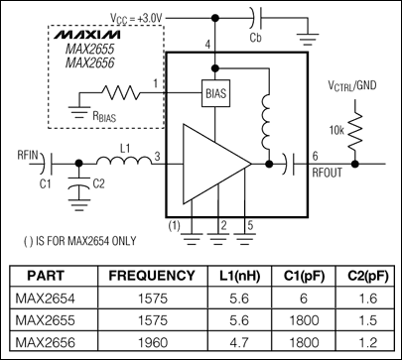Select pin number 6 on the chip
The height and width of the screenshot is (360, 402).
pyautogui.click(x=315, y=155)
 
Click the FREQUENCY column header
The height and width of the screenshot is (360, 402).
pyautogui.click(x=152, y=275)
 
